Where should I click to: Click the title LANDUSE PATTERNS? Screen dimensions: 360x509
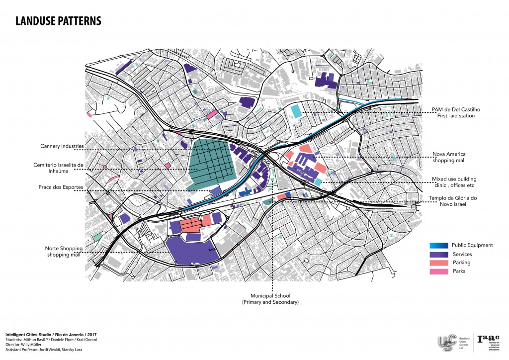(x=58, y=21)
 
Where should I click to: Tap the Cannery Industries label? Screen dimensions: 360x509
(x=61, y=146)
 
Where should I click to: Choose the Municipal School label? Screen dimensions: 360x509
(x=273, y=299)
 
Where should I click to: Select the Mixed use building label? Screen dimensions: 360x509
(x=454, y=181)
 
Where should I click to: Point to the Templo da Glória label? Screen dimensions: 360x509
(x=453, y=201)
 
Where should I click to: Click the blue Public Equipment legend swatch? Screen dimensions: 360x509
(x=439, y=245)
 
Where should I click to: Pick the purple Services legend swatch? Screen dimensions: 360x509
(x=439, y=254)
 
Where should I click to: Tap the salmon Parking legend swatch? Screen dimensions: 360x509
(x=439, y=263)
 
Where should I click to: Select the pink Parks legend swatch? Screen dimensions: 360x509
(x=439, y=271)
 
